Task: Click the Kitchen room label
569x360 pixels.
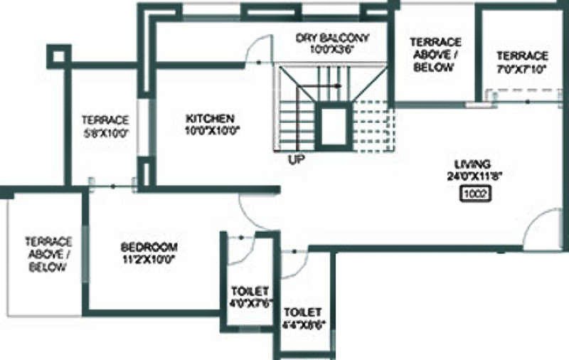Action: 211,117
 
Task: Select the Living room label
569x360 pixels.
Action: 475,163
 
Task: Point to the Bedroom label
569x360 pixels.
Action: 149,247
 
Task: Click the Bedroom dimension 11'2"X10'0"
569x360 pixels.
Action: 149,259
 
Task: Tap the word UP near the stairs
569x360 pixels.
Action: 297,159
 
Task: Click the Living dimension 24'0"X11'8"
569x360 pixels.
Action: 475,175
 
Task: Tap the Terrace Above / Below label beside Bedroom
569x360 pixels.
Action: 48,254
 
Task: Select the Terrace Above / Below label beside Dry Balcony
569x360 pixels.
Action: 432,55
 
